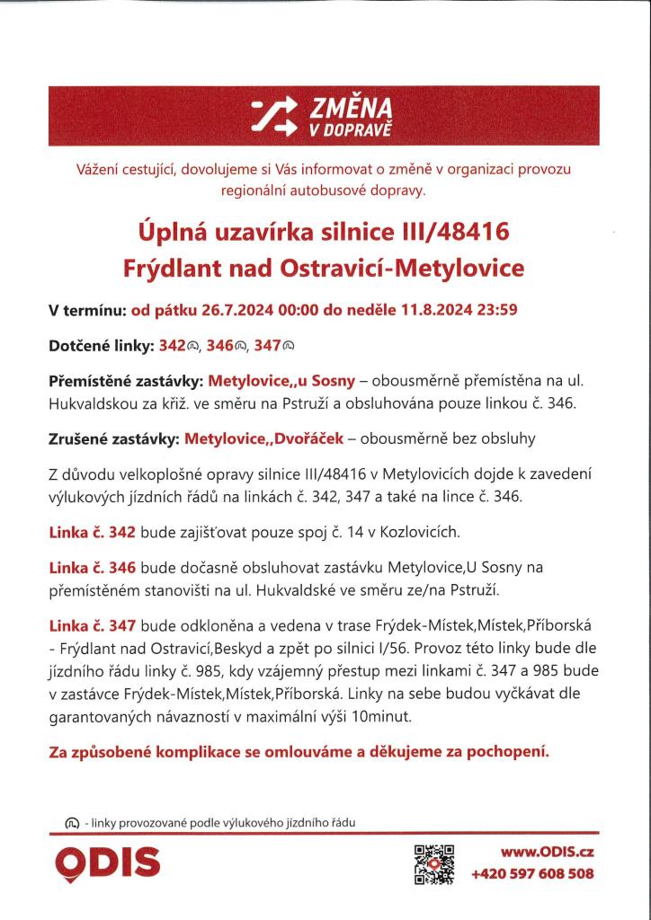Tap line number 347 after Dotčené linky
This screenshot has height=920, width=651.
tap(272, 344)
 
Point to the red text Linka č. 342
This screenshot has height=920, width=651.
tap(92, 532)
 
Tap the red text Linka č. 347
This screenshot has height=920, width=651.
tap(92, 624)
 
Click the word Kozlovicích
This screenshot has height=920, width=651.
tap(415, 532)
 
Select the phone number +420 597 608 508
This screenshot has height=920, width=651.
tap(532, 873)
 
